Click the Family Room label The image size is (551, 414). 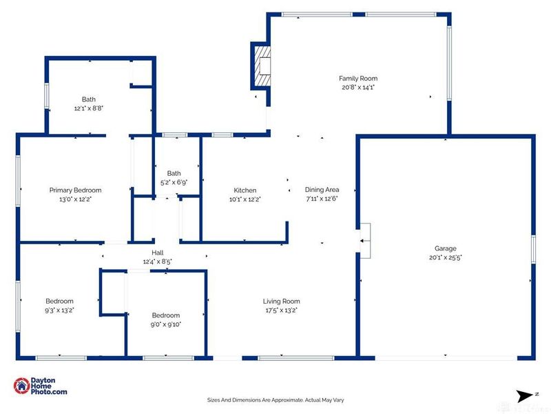[x=357, y=79]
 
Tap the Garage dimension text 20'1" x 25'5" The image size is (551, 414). [x=445, y=258]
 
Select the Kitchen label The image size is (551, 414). [x=245, y=190]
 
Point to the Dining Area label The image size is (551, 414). [x=322, y=190]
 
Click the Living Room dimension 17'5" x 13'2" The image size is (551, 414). [x=281, y=310]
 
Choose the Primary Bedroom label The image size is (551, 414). [x=75, y=190]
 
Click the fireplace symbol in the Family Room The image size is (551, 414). [x=262, y=65]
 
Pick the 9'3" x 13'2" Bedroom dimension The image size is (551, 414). [x=59, y=310]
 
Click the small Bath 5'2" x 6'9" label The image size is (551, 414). [x=174, y=173]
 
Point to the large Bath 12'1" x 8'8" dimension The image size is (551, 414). [x=88, y=108]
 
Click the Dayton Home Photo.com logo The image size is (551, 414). [x=41, y=386]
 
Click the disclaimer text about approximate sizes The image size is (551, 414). [x=275, y=400]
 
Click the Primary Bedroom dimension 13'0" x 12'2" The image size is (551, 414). [x=75, y=199]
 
